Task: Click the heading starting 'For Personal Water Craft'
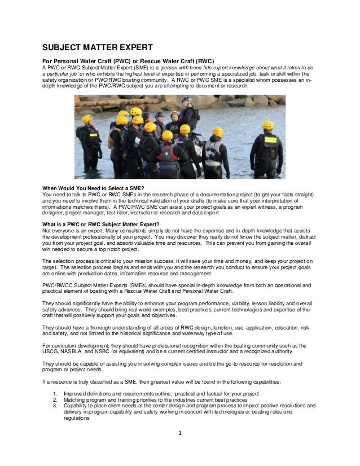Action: tap(129, 61)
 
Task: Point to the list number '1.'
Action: tap(55, 393)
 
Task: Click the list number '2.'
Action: tap(55, 399)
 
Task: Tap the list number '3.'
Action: tap(55, 406)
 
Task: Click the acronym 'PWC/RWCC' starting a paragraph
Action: tap(58, 286)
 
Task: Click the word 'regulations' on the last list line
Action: tap(77, 418)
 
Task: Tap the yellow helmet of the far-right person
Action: tap(267, 125)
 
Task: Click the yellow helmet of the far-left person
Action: tap(87, 119)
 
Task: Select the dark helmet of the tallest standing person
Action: tap(187, 100)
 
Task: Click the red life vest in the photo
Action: tap(168, 153)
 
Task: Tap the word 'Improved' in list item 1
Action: tap(75, 393)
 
